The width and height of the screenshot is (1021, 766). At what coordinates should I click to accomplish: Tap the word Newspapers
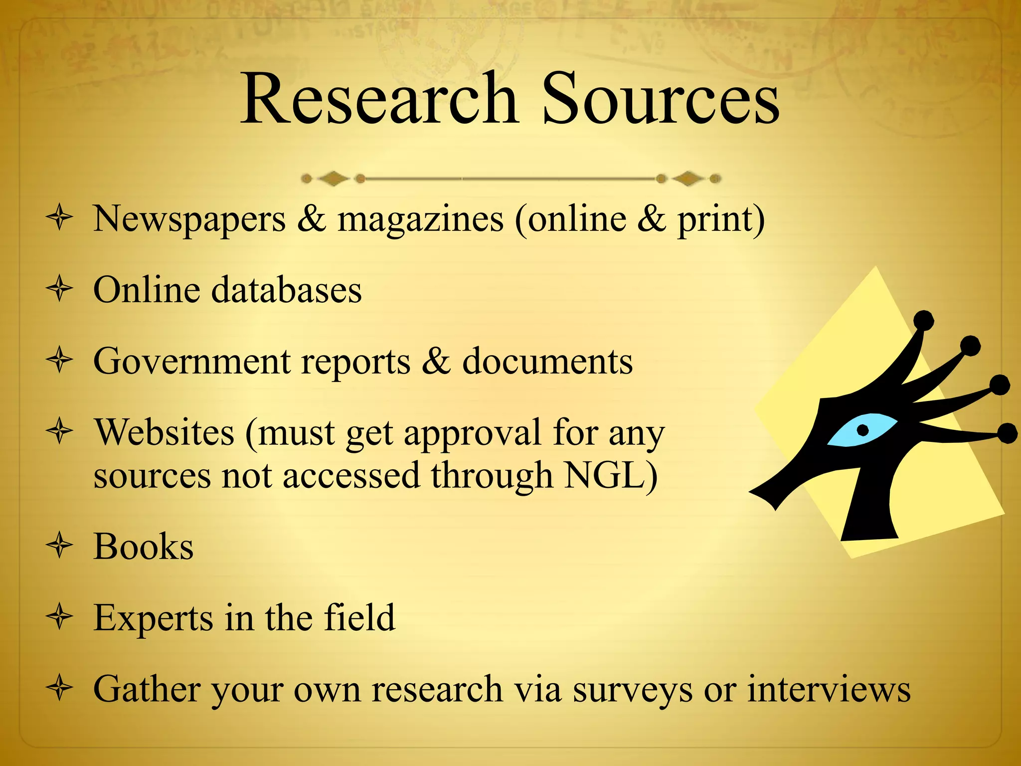189,219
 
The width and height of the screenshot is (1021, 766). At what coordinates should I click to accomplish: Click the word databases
287,290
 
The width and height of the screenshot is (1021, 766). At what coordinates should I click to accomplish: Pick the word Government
192,361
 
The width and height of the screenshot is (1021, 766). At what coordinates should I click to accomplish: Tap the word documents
547,361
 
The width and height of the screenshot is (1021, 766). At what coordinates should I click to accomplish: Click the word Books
144,547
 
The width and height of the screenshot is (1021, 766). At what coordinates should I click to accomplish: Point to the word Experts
153,618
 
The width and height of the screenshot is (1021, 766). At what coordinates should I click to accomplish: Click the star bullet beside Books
60,546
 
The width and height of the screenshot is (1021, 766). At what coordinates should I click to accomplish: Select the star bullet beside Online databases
60,289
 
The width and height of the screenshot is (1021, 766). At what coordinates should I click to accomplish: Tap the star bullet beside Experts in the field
60,617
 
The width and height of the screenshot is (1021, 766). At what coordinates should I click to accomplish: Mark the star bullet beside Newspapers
60,218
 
